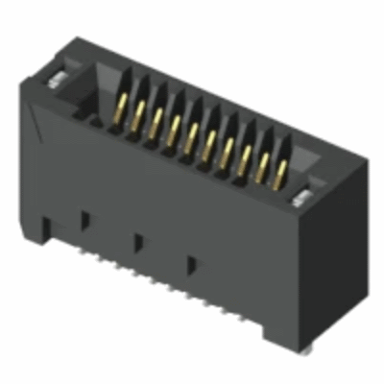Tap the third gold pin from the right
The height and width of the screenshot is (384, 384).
point(247,156)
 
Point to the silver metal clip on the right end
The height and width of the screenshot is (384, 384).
point(302,198)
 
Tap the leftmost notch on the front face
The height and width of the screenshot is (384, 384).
point(84,218)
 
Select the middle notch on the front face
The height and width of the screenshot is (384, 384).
point(138,239)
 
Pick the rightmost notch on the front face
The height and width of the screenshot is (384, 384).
point(193,261)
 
